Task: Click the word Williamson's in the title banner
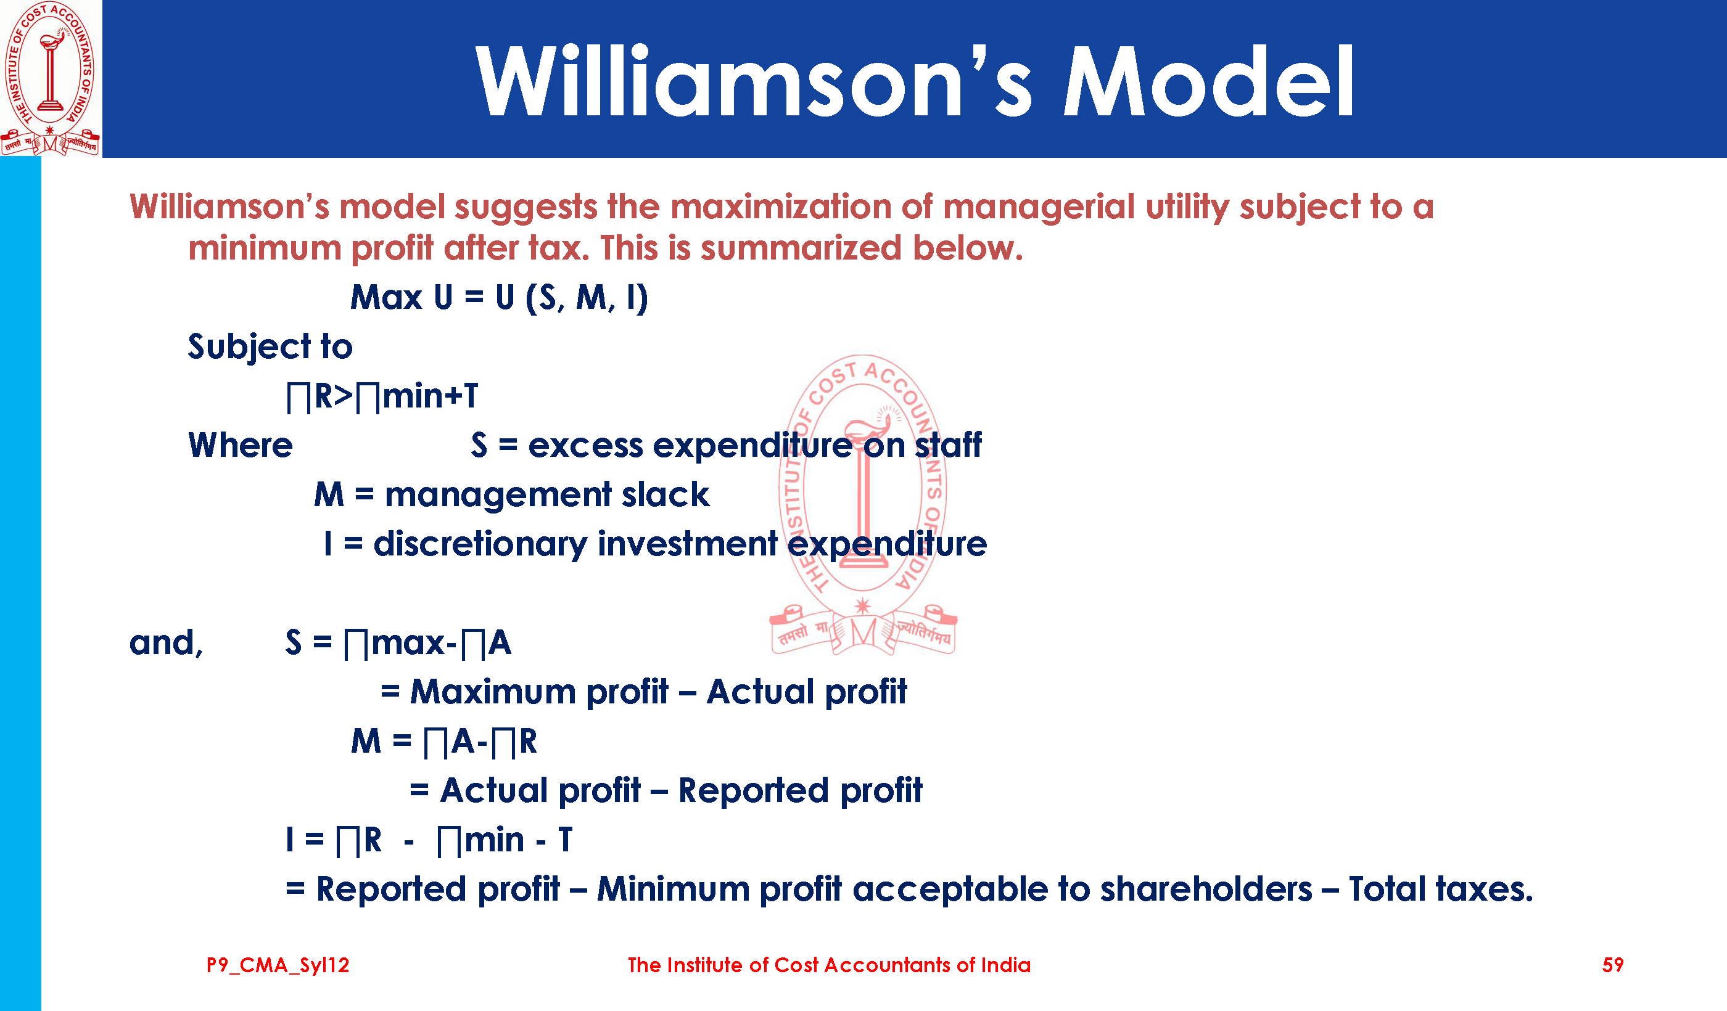[754, 81]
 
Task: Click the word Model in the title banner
[1208, 81]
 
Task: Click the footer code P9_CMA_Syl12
[278, 965]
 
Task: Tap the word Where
[241, 445]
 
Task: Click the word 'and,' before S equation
[167, 643]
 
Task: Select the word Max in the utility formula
[387, 297]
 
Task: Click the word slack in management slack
[666, 494]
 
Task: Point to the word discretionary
[480, 544]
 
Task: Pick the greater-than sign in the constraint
[344, 396]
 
